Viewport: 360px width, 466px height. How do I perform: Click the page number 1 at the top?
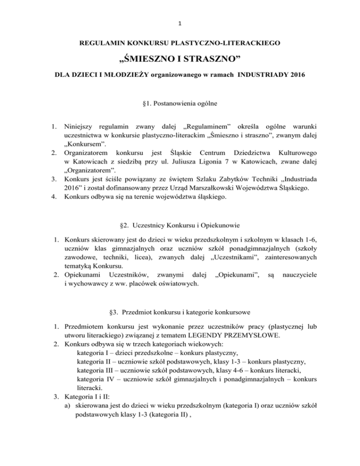click(x=180, y=10)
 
